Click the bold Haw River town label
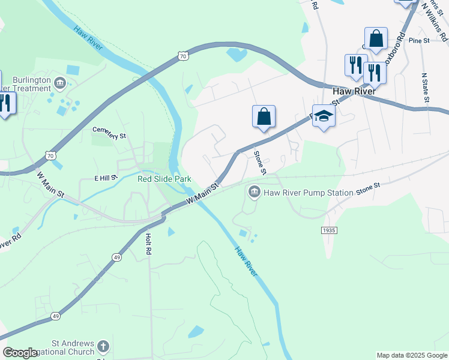[x=354, y=91]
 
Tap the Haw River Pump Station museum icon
[x=254, y=192]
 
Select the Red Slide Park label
[x=164, y=179]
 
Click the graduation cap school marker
[x=324, y=116]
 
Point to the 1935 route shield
[x=328, y=230]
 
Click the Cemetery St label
[x=109, y=133]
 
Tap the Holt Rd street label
[x=148, y=244]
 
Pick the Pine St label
[x=419, y=41]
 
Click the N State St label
[x=424, y=87]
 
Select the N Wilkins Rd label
[x=435, y=21]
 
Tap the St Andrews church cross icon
[x=103, y=346]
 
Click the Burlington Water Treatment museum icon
[x=59, y=82]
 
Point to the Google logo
[x=20, y=353]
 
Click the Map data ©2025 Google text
[x=411, y=355]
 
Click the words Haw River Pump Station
[x=301, y=193]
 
